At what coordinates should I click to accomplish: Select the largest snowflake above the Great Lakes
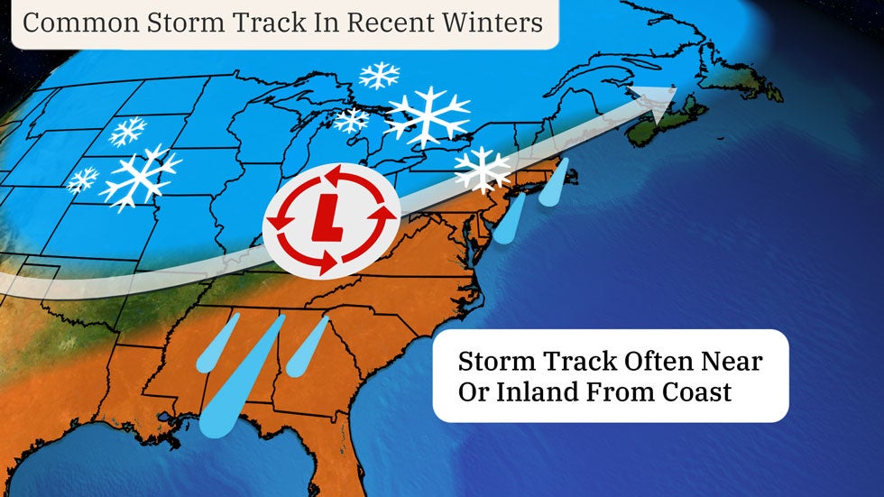(427, 115)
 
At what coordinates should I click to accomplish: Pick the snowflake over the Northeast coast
(483, 169)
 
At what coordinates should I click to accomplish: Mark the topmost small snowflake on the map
(379, 75)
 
